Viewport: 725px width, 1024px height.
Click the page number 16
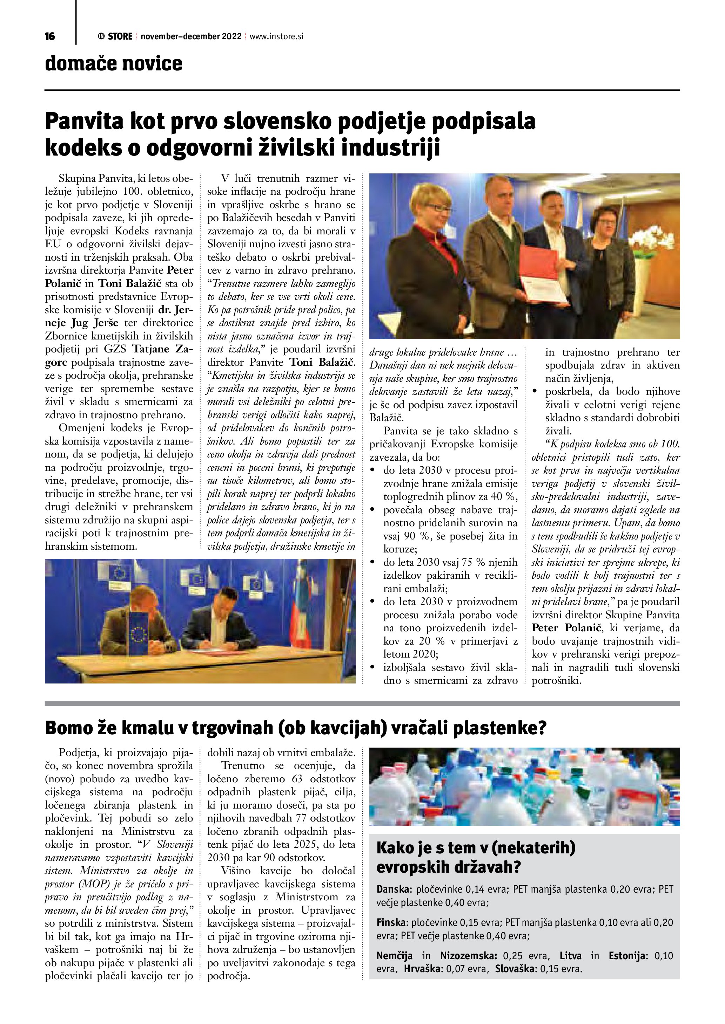pos(49,36)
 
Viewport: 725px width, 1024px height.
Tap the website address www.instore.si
pos(276,36)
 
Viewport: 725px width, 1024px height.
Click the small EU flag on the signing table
pos(139,628)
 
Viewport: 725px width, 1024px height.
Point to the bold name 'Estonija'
pos(629,956)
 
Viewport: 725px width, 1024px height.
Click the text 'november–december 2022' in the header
pos(191,36)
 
